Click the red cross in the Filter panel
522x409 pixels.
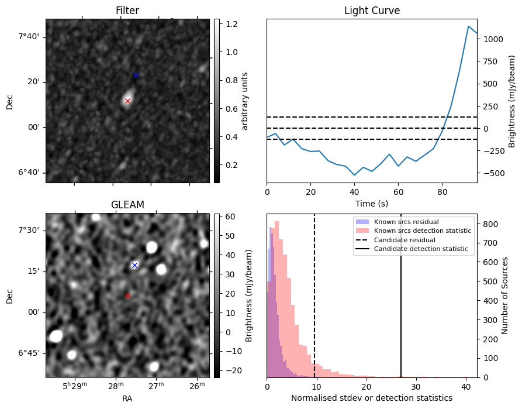(x=127, y=101)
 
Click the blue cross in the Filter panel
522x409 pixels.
(x=136, y=75)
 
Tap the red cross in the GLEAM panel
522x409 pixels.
(x=127, y=295)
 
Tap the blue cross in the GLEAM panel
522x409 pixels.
(x=134, y=265)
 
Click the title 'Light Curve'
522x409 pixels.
(x=372, y=11)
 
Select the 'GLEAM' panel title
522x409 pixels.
(x=127, y=205)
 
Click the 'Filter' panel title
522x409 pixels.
(x=127, y=11)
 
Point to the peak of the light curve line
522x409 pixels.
(x=469, y=26)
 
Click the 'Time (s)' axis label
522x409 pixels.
(x=372, y=203)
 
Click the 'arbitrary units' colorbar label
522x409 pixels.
(x=246, y=101)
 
